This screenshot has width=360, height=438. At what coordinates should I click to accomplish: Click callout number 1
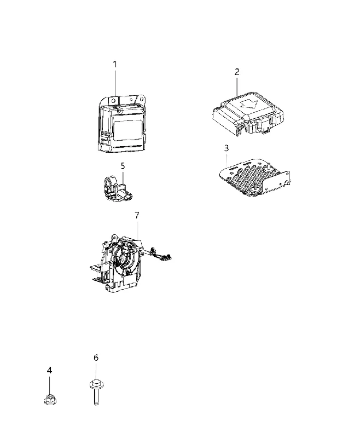(x=115, y=65)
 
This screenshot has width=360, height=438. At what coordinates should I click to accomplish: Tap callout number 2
(x=237, y=72)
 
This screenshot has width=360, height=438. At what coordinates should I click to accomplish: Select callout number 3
(x=227, y=148)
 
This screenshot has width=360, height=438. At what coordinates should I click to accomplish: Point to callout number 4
(x=49, y=371)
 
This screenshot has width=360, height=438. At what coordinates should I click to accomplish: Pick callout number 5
(x=123, y=166)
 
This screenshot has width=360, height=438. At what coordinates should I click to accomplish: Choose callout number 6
(x=96, y=358)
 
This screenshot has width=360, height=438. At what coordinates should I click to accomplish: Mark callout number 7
(x=137, y=215)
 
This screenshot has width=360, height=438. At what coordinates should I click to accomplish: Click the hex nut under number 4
(x=50, y=399)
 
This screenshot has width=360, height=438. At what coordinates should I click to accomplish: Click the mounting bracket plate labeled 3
(x=254, y=177)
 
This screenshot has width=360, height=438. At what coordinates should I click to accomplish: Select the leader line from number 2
(x=237, y=87)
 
